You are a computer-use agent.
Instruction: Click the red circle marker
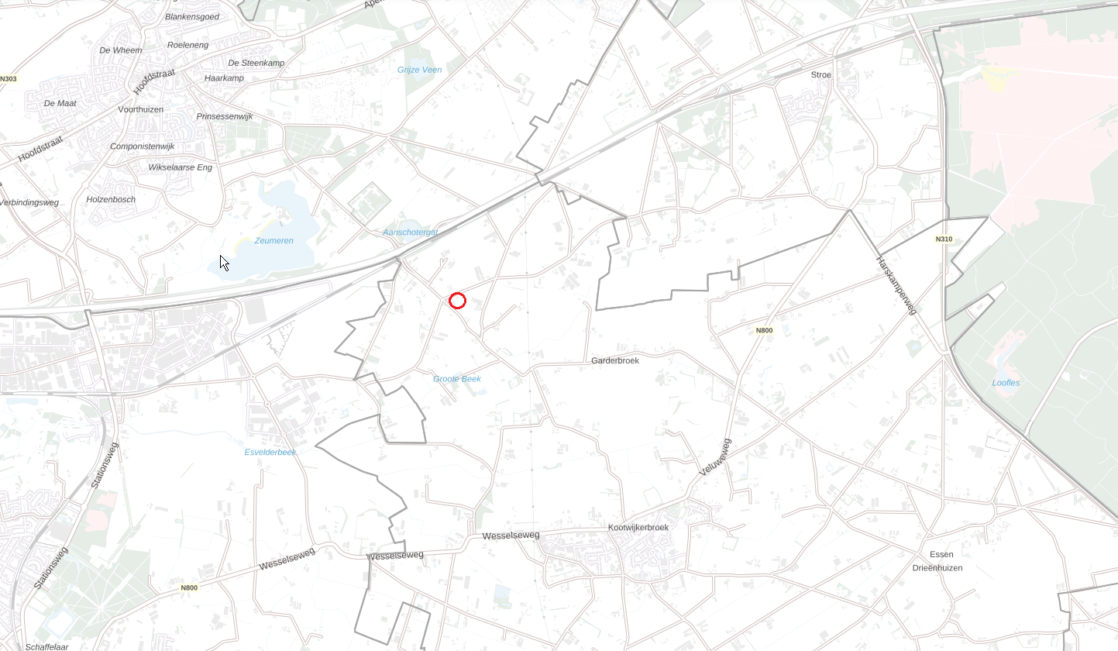(457, 301)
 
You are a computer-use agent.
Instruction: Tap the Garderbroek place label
(614, 360)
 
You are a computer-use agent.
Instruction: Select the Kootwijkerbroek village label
(638, 527)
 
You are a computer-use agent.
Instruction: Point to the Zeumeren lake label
(274, 240)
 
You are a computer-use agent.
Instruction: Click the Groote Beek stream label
(457, 379)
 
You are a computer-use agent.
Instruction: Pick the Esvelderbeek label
(270, 452)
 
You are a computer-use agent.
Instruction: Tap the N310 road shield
(944, 239)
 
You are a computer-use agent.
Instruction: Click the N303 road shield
(9, 78)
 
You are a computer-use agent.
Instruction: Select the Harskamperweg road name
(896, 284)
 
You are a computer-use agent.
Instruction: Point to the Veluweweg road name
(715, 456)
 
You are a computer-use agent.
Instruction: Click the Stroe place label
(820, 74)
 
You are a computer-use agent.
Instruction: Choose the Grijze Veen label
(419, 70)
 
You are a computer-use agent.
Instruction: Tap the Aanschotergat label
(411, 232)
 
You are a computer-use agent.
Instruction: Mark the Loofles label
(1006, 383)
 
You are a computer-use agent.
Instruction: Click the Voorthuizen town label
(140, 109)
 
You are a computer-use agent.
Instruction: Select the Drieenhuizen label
(937, 568)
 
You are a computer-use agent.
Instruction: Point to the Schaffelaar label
(46, 647)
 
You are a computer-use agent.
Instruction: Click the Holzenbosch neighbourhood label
(111, 199)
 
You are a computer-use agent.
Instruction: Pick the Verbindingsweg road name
(29, 202)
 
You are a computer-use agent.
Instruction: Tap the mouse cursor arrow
(224, 263)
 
